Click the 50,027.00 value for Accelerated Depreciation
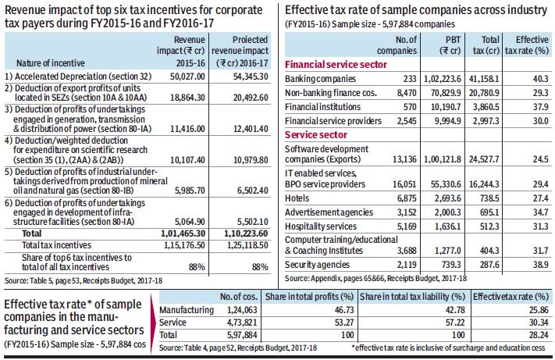tap(187, 77)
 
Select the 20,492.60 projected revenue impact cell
tap(251, 98)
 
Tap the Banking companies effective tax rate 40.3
tap(540, 79)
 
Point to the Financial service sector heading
tap(336, 65)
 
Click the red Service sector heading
tap(315, 135)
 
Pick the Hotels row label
tap(297, 198)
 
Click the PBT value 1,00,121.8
tap(443, 159)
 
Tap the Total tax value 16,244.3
tap(484, 184)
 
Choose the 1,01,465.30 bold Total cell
tap(183, 233)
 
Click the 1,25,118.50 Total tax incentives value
tap(247, 245)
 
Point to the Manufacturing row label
tap(187, 310)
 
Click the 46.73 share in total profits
tap(344, 310)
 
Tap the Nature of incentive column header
tap(51, 63)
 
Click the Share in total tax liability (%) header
tap(412, 297)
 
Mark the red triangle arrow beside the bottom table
tap(153, 323)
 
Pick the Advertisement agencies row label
tap(329, 212)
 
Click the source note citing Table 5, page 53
tap(84, 280)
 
